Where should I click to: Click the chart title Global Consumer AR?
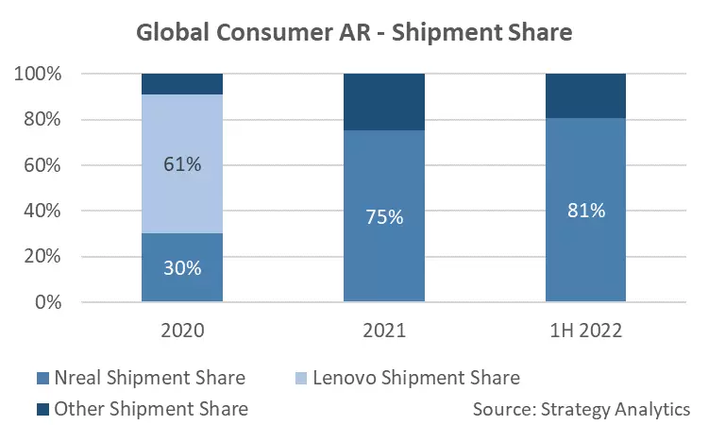coord(355,32)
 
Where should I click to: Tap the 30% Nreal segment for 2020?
coord(182,267)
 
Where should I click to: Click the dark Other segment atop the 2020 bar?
coord(182,84)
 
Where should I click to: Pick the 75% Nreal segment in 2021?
coord(384,216)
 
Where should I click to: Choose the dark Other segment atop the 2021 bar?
coord(384,102)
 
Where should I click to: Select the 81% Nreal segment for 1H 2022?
coord(585,210)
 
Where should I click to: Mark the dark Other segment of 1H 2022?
coord(585,95)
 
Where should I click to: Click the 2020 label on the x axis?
coord(182,331)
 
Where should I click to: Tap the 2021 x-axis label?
coord(384,331)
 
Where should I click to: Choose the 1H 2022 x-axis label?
coord(585,331)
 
